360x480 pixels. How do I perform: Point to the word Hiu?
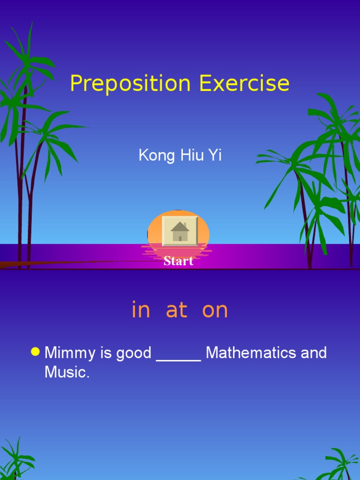[x=191, y=156]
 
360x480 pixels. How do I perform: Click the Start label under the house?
[x=179, y=261]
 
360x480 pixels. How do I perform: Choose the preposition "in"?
[x=141, y=310]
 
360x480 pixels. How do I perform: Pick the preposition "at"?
[x=177, y=310]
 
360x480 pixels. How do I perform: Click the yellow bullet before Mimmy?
[x=35, y=352]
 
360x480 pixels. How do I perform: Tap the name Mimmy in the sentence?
[x=71, y=353]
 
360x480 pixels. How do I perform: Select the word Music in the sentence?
[x=67, y=373]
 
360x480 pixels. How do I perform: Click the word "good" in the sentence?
[x=134, y=353]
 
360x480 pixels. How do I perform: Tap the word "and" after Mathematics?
[x=314, y=353]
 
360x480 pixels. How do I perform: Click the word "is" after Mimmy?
[x=106, y=353]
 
